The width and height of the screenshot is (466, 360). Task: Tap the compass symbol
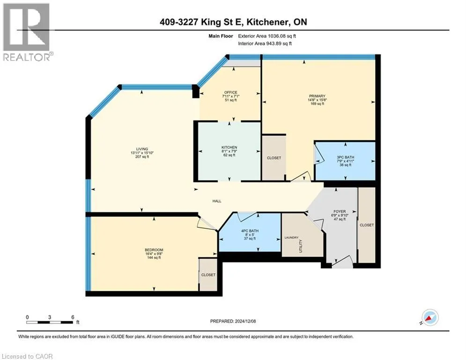[x=430, y=318]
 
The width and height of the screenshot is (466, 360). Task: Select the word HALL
[x=217, y=201]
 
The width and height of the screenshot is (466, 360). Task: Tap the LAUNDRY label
[x=291, y=237]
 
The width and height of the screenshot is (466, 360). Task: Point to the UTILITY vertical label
[x=301, y=246]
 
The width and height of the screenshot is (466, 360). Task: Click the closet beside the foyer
[x=367, y=225]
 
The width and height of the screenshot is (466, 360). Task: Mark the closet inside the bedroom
[x=208, y=275]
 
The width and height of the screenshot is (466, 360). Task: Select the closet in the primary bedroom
[x=274, y=158]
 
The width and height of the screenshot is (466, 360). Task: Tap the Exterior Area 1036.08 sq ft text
[x=267, y=36]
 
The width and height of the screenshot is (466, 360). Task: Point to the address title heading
[x=233, y=22]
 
